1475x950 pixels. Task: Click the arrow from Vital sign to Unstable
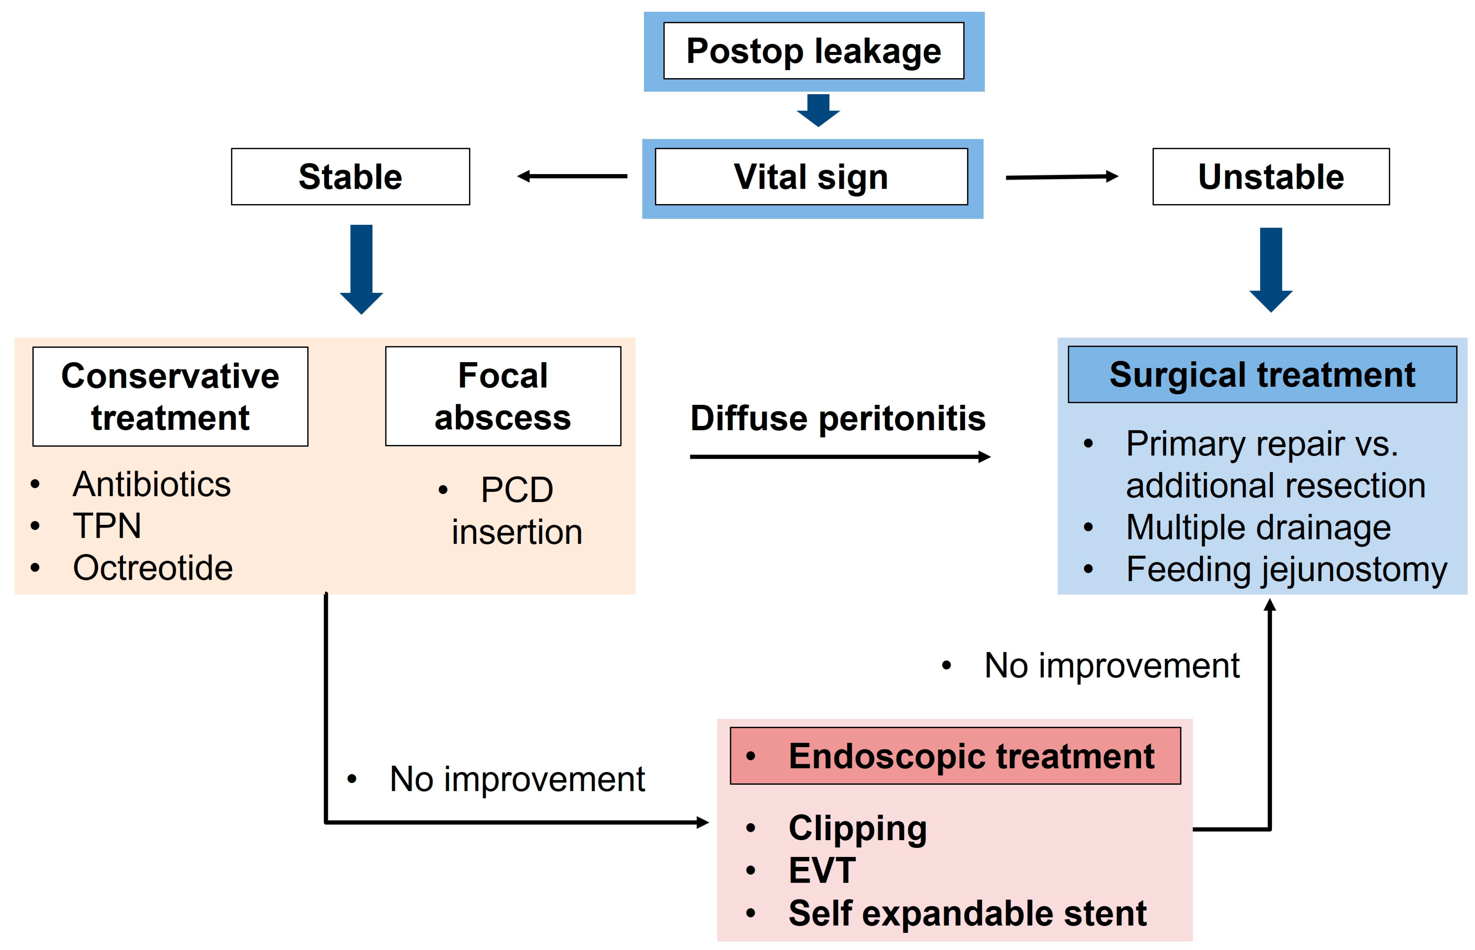[1061, 177]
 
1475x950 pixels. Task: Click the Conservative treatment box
[170, 397]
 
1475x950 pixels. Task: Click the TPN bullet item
[107, 526]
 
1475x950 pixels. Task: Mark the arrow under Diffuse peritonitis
[839, 457]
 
